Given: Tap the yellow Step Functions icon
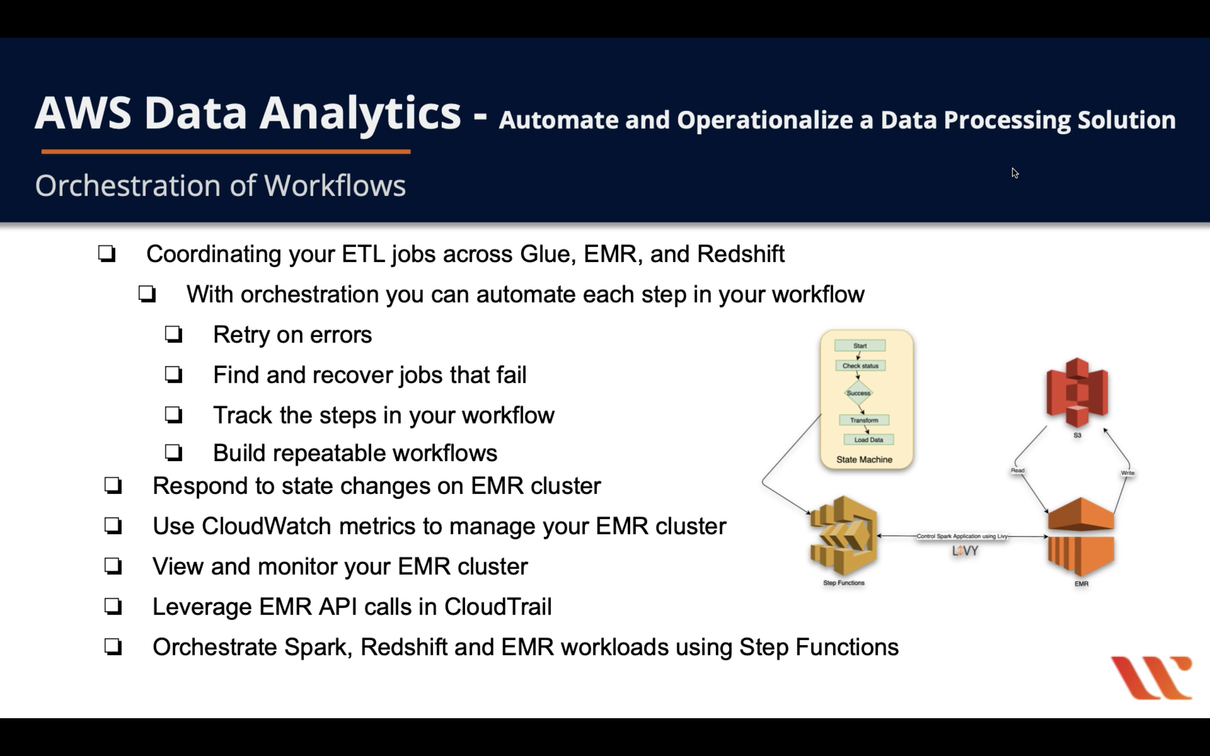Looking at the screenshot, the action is coord(843,536).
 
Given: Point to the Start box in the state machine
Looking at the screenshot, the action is coord(860,346).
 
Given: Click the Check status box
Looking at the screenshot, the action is coord(860,366).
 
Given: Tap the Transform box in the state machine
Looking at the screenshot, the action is coord(864,420).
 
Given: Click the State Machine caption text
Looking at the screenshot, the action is coord(864,459).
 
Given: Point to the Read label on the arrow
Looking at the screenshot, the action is coord(1018,470).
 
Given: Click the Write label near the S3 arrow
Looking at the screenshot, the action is coord(1128,473).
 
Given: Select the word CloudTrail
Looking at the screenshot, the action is coord(498,606).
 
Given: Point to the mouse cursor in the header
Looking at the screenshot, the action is coord(1015,173).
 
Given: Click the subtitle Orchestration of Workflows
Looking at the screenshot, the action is coord(220,186).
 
